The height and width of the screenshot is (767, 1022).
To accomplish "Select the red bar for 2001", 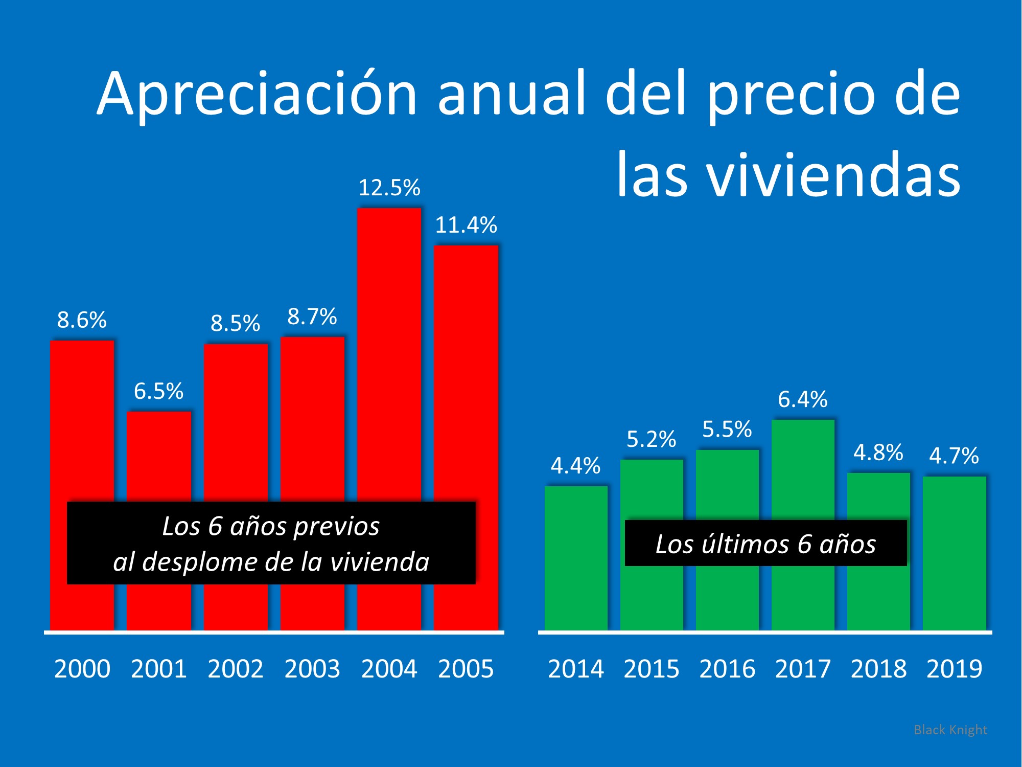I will [x=159, y=455].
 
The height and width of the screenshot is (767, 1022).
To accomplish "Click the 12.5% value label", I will [x=389, y=188].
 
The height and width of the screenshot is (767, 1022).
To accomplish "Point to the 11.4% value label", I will [x=466, y=225].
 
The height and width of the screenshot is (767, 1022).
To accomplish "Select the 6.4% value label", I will [x=802, y=399].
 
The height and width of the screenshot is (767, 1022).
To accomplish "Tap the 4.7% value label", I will [x=954, y=456].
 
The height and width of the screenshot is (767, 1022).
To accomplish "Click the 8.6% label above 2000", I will [x=82, y=320].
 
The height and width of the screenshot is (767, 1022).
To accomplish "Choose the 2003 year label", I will [x=312, y=669].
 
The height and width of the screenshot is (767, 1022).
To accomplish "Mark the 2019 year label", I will [x=954, y=669].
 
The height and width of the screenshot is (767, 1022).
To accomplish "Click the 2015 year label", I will [x=652, y=669].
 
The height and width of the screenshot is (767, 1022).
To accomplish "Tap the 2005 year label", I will [x=466, y=669].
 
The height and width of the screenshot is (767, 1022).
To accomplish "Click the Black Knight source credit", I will [x=950, y=730].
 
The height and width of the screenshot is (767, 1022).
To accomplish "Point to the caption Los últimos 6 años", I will [x=765, y=544].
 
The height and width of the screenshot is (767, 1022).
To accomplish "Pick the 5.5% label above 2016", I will [x=727, y=430].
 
